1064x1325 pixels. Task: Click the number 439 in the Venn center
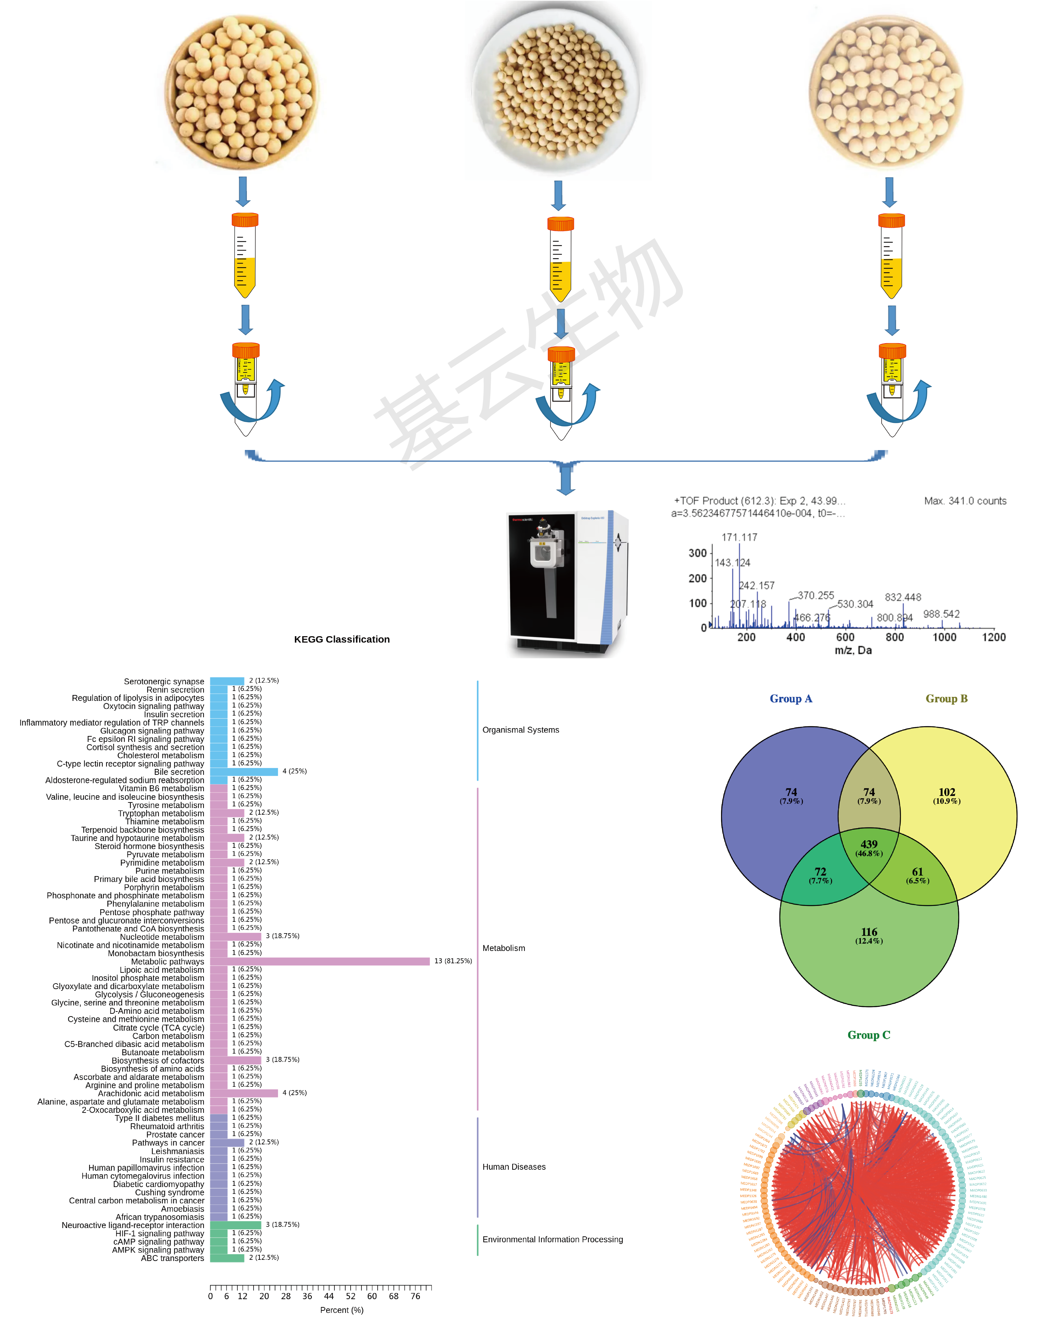(x=868, y=844)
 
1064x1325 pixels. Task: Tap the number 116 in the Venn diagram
(x=868, y=932)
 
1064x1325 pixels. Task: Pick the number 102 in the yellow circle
(x=947, y=792)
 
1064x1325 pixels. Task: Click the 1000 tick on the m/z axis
(x=944, y=637)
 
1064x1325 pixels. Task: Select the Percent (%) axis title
(x=342, y=1310)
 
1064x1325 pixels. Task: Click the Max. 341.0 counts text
(x=965, y=501)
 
